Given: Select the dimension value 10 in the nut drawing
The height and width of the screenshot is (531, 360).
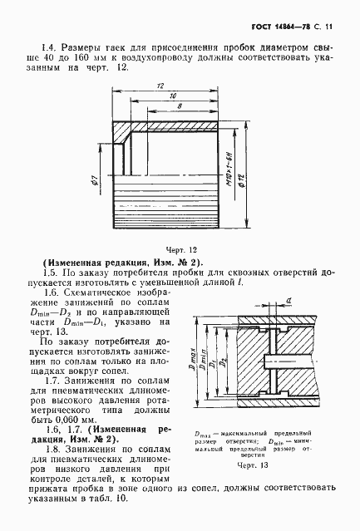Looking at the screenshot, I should pos(170,96).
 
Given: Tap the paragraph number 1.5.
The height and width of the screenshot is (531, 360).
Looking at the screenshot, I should pos(52,272).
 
